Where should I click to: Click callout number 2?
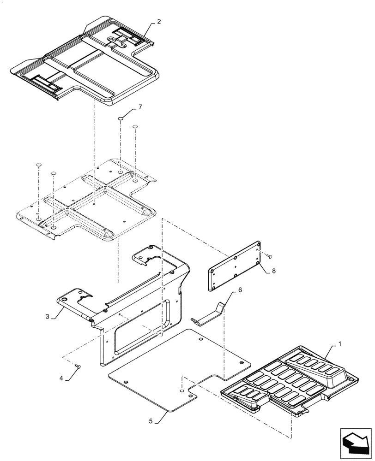click(x=159, y=22)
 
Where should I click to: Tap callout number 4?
click(x=61, y=378)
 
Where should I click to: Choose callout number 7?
click(x=140, y=107)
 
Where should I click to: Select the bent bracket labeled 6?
click(x=210, y=313)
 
